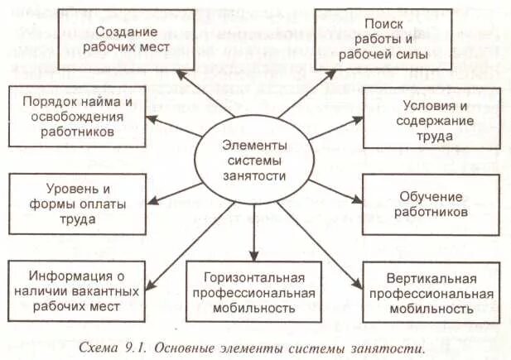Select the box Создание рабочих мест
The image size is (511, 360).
[x=132, y=39]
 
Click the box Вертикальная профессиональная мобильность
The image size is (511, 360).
[x=431, y=293]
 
